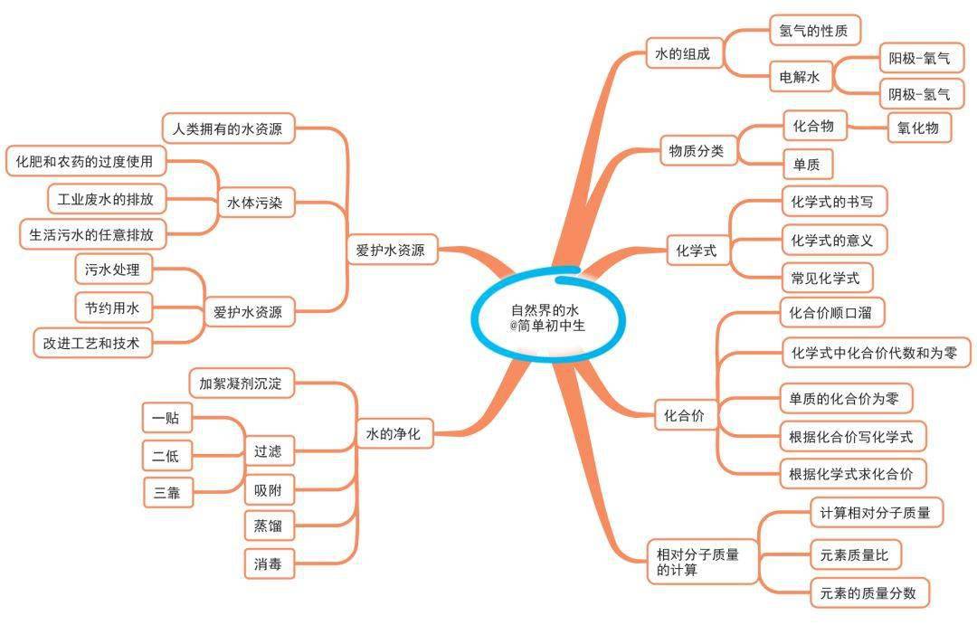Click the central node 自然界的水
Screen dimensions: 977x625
[x=547, y=317]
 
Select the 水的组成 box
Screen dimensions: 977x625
[x=682, y=54]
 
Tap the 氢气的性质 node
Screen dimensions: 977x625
[x=814, y=31]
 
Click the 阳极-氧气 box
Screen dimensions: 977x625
[x=920, y=59]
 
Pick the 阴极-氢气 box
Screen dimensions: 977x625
[x=920, y=95]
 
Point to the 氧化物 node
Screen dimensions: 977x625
[x=918, y=128]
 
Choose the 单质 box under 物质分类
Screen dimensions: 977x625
[x=807, y=165]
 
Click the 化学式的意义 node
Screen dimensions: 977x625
[x=833, y=241]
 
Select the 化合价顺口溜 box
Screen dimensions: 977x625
[x=831, y=313]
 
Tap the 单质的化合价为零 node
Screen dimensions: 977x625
[x=846, y=399]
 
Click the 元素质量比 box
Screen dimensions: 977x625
[x=856, y=554]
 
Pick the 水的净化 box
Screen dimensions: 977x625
[x=394, y=433]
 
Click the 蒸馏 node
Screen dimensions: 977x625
[x=269, y=526]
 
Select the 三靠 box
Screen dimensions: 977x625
[x=167, y=493]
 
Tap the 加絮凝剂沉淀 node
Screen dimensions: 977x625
[x=242, y=384]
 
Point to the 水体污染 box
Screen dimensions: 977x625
[x=255, y=203]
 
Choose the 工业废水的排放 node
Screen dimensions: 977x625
[x=107, y=199]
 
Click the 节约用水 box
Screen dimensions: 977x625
[x=113, y=308]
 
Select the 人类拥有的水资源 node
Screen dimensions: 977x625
[x=228, y=129]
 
